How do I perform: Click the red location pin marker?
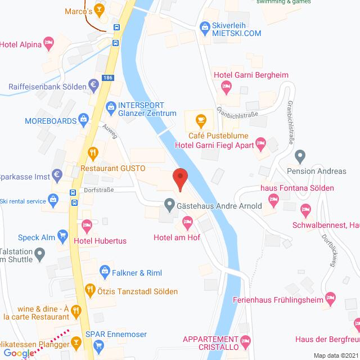click(x=180, y=179)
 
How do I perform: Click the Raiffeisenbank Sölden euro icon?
click(x=94, y=86)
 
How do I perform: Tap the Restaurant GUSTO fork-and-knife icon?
click(x=93, y=152)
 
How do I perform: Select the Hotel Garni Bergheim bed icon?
click(x=227, y=86)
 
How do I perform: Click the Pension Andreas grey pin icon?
click(x=300, y=155)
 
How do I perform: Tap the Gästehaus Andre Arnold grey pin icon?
click(x=168, y=205)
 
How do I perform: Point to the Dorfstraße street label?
click(x=100, y=190)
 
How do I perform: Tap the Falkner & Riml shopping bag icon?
click(x=105, y=272)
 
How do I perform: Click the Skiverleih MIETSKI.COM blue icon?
click(x=204, y=25)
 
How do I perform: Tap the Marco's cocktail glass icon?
click(x=98, y=9)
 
